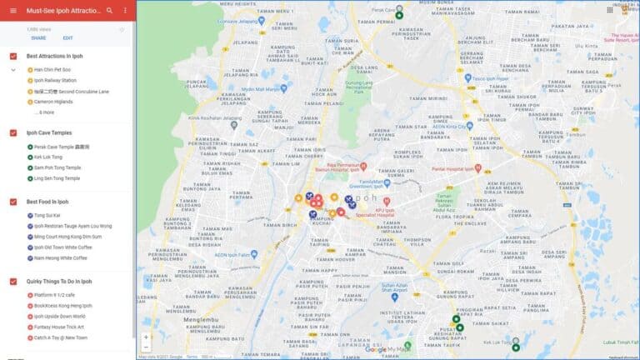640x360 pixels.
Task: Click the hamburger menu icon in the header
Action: pyautogui.click(x=12, y=11)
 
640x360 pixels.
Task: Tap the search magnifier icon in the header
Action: pyautogui.click(x=109, y=11)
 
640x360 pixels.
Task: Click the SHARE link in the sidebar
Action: pyautogui.click(x=38, y=38)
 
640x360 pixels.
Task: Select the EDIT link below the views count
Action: pyautogui.click(x=67, y=38)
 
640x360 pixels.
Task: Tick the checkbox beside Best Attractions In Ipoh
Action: pyautogui.click(x=12, y=56)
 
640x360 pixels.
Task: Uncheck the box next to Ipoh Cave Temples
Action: pyautogui.click(x=12, y=132)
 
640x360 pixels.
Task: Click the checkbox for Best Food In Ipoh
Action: pyautogui.click(x=12, y=202)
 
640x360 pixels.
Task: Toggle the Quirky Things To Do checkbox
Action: pyautogui.click(x=12, y=282)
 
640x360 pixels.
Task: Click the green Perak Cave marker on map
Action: pyautogui.click(x=399, y=15)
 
